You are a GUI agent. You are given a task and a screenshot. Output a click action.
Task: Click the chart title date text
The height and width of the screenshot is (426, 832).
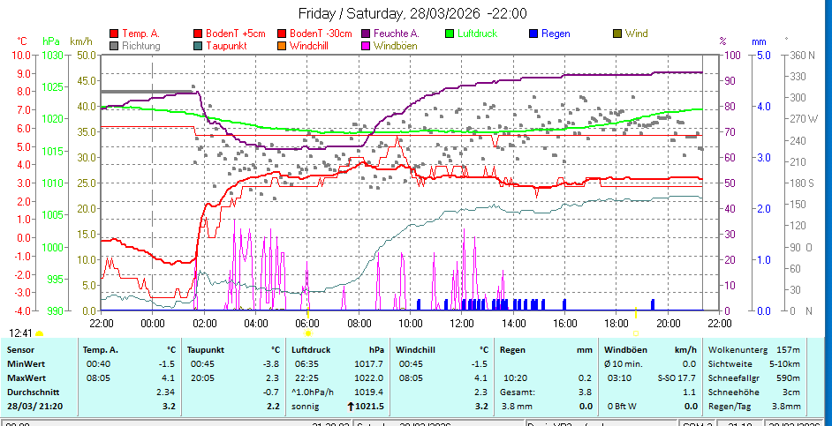click(x=412, y=13)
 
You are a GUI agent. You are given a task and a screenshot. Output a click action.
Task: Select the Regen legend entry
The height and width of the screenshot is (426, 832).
click(x=556, y=34)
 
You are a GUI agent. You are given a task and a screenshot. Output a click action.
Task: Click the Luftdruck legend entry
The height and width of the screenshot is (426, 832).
click(x=477, y=34)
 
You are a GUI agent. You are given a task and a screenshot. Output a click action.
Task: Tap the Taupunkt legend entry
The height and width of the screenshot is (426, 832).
click(x=226, y=45)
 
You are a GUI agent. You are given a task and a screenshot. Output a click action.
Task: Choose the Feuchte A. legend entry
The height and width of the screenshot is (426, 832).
click(x=396, y=34)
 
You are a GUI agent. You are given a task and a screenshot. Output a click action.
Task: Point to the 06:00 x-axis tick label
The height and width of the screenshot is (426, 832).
click(x=307, y=323)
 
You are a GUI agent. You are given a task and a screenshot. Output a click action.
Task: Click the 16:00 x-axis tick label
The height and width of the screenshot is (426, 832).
click(x=564, y=323)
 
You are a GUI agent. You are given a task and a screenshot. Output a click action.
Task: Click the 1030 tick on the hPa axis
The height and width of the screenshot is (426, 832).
click(x=52, y=55)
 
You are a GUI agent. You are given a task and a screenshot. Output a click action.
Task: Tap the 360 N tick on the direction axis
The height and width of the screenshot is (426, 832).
click(x=802, y=55)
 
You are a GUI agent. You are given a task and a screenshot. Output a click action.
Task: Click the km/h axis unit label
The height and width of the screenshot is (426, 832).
click(x=80, y=41)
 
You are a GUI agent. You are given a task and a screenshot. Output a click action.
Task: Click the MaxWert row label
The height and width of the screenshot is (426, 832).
click(x=26, y=377)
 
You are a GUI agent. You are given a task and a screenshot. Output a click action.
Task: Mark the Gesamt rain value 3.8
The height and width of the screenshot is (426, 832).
click(x=585, y=392)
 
